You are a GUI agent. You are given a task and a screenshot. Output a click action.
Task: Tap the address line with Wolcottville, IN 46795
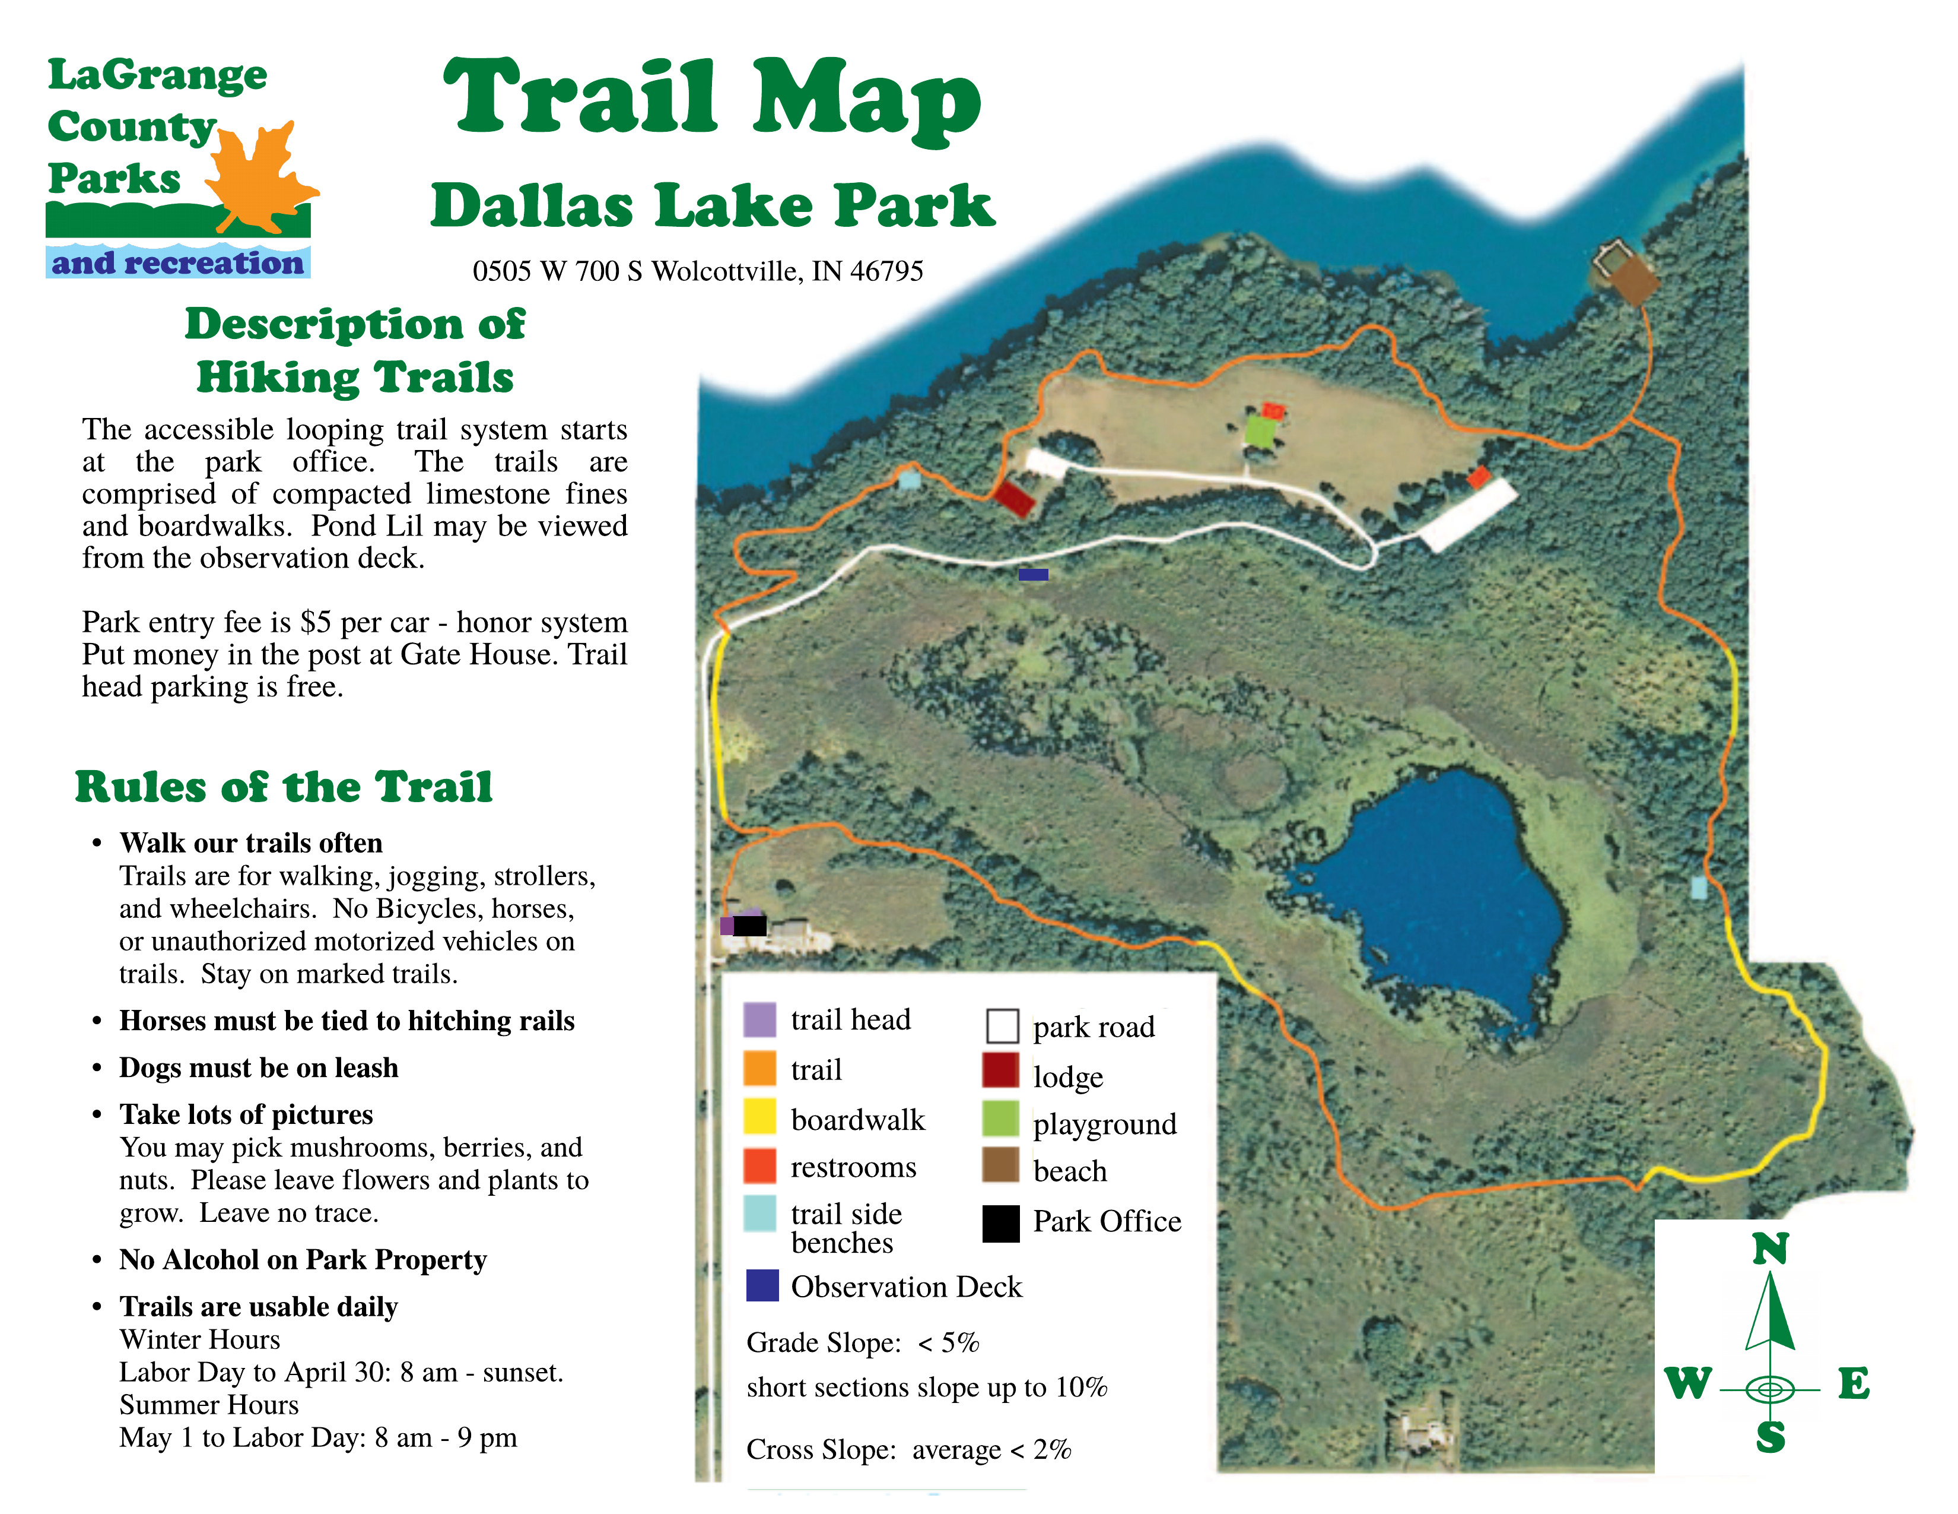[x=698, y=271]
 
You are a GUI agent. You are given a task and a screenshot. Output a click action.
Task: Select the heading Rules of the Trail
[x=283, y=787]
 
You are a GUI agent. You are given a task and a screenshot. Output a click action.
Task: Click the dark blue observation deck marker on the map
[x=1033, y=574]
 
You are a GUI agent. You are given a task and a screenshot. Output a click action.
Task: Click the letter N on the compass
[x=1770, y=1249]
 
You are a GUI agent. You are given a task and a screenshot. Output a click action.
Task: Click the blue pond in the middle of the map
[x=1435, y=897]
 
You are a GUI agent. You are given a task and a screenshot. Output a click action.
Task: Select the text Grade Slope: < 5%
[x=863, y=1342]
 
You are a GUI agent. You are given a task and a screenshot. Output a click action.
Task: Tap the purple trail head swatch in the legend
[x=759, y=1020]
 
